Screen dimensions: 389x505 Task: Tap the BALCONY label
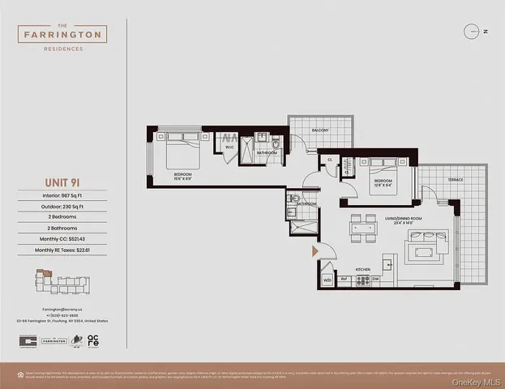pyautogui.click(x=320, y=130)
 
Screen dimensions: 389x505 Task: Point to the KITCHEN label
pyautogui.click(x=363, y=268)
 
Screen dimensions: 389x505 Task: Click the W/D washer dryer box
pyautogui.click(x=327, y=280)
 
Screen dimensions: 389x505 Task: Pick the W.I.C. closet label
pyautogui.click(x=229, y=147)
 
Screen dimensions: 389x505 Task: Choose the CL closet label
pyautogui.click(x=330, y=160)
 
